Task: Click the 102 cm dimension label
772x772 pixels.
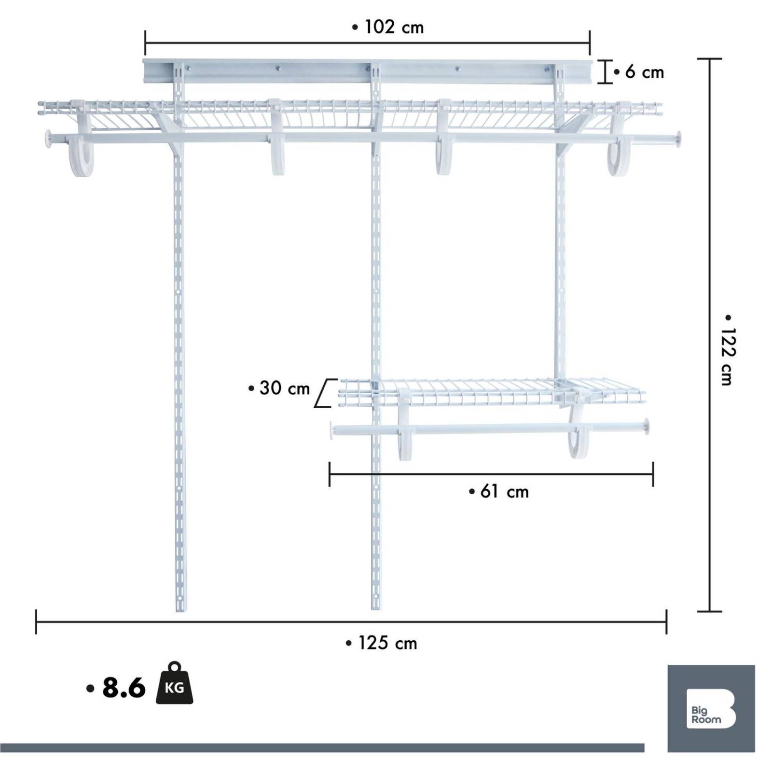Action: click(388, 27)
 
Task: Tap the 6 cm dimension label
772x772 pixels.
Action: click(639, 72)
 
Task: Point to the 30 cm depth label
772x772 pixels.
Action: click(279, 388)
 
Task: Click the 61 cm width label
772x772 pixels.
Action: click(499, 492)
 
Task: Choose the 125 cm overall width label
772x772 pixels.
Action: click(381, 643)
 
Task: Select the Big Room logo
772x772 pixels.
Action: click(711, 708)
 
